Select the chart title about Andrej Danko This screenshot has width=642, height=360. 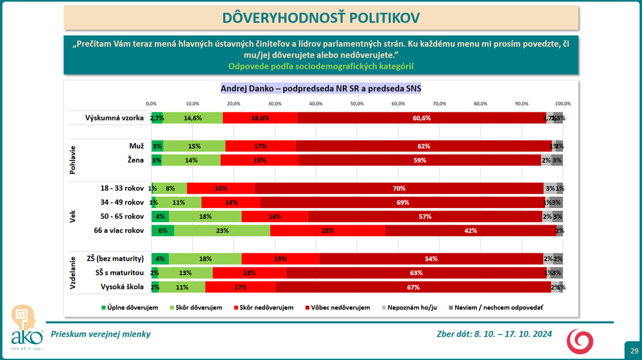pyautogui.click(x=321, y=88)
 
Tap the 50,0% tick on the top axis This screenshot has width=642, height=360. pyautogui.click(x=357, y=103)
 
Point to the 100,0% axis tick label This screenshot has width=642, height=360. pyautogui.click(x=562, y=103)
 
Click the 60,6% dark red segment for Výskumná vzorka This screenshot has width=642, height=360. pyautogui.click(x=422, y=118)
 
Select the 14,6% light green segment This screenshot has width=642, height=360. pyautogui.click(x=193, y=118)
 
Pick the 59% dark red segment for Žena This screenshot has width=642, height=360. pyautogui.click(x=420, y=160)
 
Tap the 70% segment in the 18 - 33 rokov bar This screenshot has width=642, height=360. pyautogui.click(x=399, y=188)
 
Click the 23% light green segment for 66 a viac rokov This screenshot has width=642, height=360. pyautogui.click(x=223, y=230)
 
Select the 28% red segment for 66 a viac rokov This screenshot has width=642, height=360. pyautogui.click(x=327, y=230)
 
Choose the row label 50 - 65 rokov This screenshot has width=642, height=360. pyautogui.click(x=122, y=216)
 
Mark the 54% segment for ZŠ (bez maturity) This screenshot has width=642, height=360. pyautogui.click(x=430, y=259)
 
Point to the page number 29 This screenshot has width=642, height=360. pyautogui.click(x=634, y=351)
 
